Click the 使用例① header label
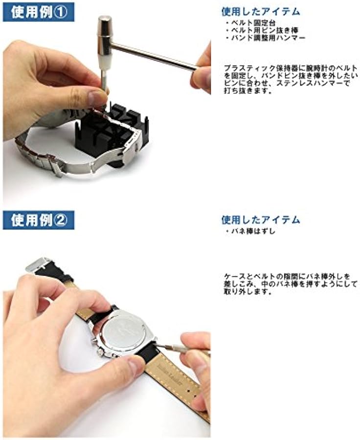[x=39, y=11]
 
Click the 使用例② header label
[x=39, y=220]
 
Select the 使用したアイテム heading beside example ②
[x=261, y=220]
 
